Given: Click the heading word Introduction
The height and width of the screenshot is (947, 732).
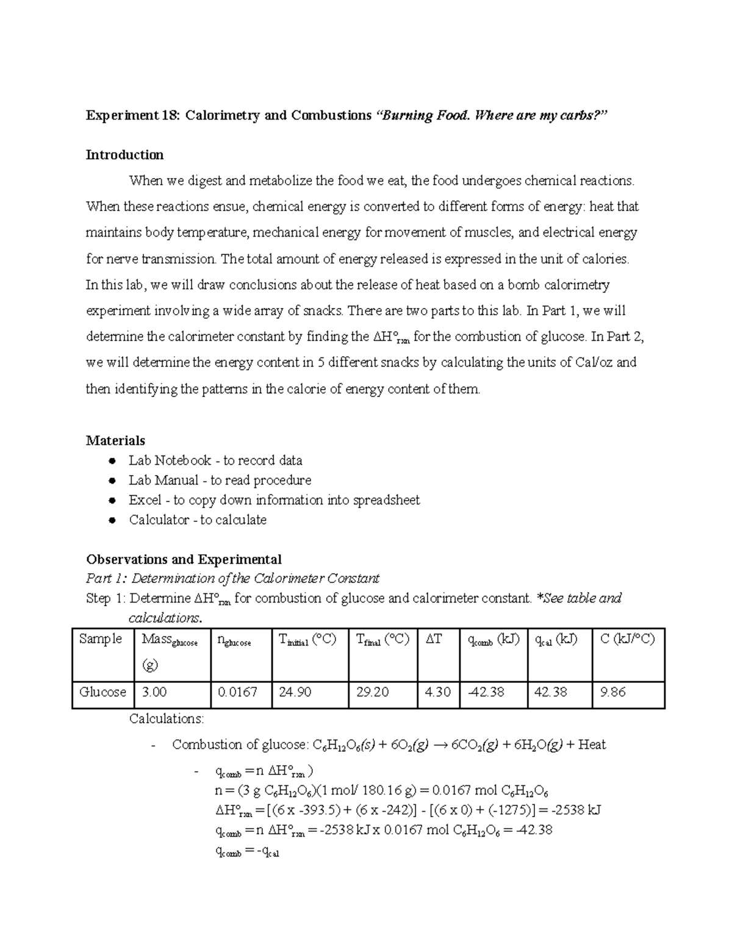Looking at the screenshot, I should pyautogui.click(x=124, y=155).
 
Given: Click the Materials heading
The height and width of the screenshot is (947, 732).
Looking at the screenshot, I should pyautogui.click(x=115, y=440).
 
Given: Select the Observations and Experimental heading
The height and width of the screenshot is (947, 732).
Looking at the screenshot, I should pyautogui.click(x=184, y=559).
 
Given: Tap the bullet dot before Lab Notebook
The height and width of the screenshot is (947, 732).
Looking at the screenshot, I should pyautogui.click(x=112, y=461).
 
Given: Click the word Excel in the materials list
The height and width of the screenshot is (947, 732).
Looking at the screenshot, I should pyautogui.click(x=145, y=500).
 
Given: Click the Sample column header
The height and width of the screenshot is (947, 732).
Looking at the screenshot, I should pyautogui.click(x=101, y=639).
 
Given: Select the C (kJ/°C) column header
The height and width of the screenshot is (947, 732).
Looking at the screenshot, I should pyautogui.click(x=627, y=639).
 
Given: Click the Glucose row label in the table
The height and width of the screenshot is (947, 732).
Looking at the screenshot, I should pyautogui.click(x=102, y=692).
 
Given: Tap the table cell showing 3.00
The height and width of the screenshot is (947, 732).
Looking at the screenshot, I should pyautogui.click(x=154, y=692).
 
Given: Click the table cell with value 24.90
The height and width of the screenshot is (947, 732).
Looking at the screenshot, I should pyautogui.click(x=295, y=692).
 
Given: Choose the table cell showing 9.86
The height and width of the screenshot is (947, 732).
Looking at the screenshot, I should pyautogui.click(x=613, y=692).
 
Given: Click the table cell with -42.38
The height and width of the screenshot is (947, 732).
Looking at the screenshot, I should pyautogui.click(x=486, y=692).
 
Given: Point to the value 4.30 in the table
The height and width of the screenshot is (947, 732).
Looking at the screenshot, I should pyautogui.click(x=437, y=692).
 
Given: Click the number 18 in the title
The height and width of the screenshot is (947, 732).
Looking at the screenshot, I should pyautogui.click(x=167, y=115).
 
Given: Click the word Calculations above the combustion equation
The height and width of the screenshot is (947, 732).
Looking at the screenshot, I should pyautogui.click(x=167, y=719).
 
